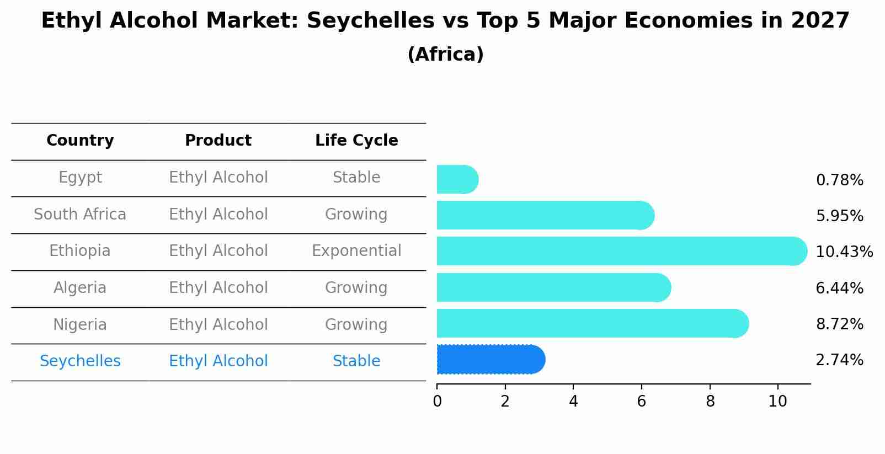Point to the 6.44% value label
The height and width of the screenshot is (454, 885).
pos(839,288)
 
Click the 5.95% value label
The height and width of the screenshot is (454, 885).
pos(839,216)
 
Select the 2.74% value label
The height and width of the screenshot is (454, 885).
pos(839,360)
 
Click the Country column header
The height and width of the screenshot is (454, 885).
pos(80,141)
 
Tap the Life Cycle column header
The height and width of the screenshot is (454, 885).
pos(356,141)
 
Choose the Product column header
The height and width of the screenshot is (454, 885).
pos(218,141)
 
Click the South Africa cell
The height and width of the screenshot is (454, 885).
pos(80,214)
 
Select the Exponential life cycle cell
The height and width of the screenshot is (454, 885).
pos(356,251)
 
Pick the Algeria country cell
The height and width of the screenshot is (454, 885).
pos(80,287)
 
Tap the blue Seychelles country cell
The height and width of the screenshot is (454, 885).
pos(80,361)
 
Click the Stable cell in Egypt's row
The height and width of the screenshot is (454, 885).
pos(356,178)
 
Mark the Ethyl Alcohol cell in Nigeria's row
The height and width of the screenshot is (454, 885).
pos(218,324)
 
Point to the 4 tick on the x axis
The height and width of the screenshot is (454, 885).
pos(573,402)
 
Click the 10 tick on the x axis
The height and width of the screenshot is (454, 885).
pos(777,402)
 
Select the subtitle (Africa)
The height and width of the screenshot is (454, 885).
pos(445,55)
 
